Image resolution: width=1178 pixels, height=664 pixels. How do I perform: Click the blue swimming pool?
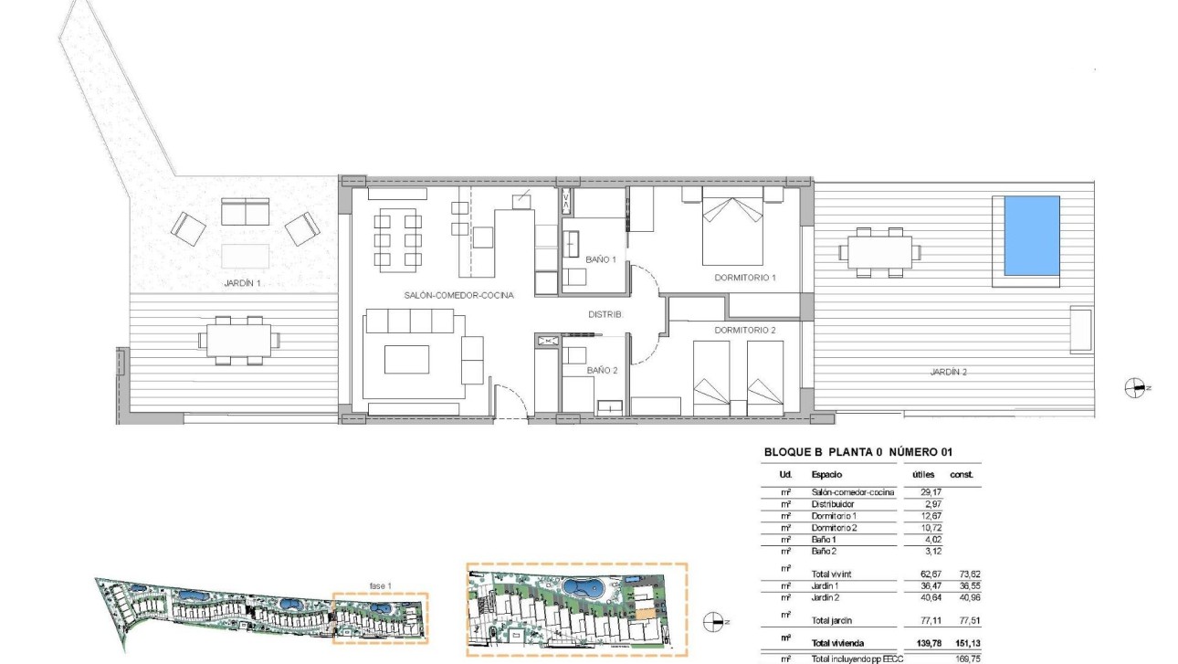tap(1032, 235)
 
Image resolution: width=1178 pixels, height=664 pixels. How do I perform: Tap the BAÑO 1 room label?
tap(601, 260)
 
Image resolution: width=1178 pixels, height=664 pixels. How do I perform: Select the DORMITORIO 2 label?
tap(744, 330)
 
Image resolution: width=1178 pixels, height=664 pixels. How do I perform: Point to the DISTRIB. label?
tap(605, 314)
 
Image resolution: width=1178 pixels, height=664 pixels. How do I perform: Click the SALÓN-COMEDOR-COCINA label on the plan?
tap(459, 296)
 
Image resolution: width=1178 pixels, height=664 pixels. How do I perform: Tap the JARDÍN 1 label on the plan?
tap(242, 283)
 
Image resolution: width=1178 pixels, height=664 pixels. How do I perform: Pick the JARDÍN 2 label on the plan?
tap(948, 372)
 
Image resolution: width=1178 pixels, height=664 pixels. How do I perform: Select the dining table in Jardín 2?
tap(880, 252)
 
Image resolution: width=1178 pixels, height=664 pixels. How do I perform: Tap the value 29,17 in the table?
tap(919, 492)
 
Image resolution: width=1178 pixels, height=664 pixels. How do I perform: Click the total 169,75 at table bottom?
tap(962, 658)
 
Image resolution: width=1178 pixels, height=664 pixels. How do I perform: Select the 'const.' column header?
tap(962, 475)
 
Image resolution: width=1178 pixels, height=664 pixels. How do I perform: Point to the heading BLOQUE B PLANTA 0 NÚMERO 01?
tap(857, 452)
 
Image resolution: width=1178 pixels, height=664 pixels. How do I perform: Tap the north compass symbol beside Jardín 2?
tap(1135, 387)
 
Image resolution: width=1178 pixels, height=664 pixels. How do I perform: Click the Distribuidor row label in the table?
tap(833, 504)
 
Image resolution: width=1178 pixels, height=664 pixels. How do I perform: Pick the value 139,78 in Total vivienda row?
tap(918, 643)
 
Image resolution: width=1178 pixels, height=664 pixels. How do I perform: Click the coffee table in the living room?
tap(406, 359)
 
